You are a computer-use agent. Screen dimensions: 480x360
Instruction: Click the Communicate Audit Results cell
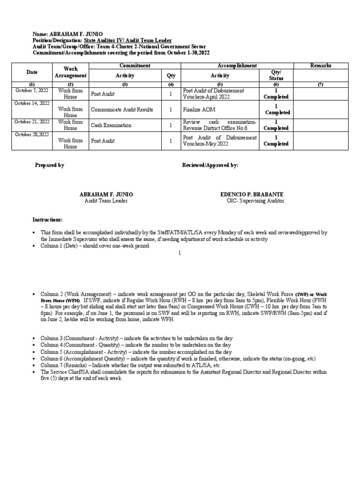tap(122, 110)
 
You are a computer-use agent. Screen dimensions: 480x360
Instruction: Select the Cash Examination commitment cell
tap(111, 125)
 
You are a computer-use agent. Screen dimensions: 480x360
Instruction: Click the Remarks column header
tap(321, 66)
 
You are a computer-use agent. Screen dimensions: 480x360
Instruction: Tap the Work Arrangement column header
tap(70, 72)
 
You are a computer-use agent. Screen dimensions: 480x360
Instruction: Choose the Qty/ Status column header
tap(276, 75)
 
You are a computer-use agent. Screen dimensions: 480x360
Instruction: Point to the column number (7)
tap(321, 84)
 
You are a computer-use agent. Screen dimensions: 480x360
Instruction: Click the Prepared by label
tap(50, 165)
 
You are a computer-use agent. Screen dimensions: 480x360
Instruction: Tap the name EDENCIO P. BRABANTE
tap(252, 194)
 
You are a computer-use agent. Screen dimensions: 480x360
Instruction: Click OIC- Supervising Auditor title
tap(255, 201)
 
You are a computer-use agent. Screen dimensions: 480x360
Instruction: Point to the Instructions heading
tap(47, 220)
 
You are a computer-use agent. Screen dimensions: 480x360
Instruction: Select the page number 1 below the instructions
tap(180, 253)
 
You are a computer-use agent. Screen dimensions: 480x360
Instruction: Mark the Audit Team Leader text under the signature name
tap(106, 201)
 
